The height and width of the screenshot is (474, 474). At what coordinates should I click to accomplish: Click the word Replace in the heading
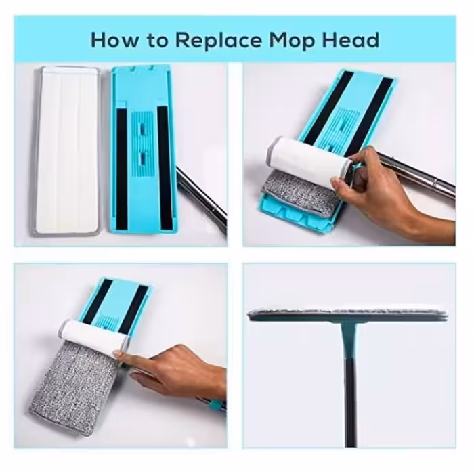pyautogui.click(x=218, y=41)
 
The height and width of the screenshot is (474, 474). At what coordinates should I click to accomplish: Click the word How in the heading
pyautogui.click(x=114, y=40)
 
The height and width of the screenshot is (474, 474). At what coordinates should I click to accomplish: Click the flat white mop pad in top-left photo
pyautogui.click(x=66, y=150)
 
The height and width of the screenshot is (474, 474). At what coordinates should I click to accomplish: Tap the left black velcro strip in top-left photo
pyautogui.click(x=122, y=169)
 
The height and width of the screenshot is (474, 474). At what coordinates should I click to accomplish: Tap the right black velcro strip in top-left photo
pyautogui.click(x=164, y=168)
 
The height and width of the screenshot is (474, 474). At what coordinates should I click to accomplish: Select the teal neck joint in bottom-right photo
pyautogui.click(x=349, y=339)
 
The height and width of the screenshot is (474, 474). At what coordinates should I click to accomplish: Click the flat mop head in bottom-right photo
pyautogui.click(x=347, y=315)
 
